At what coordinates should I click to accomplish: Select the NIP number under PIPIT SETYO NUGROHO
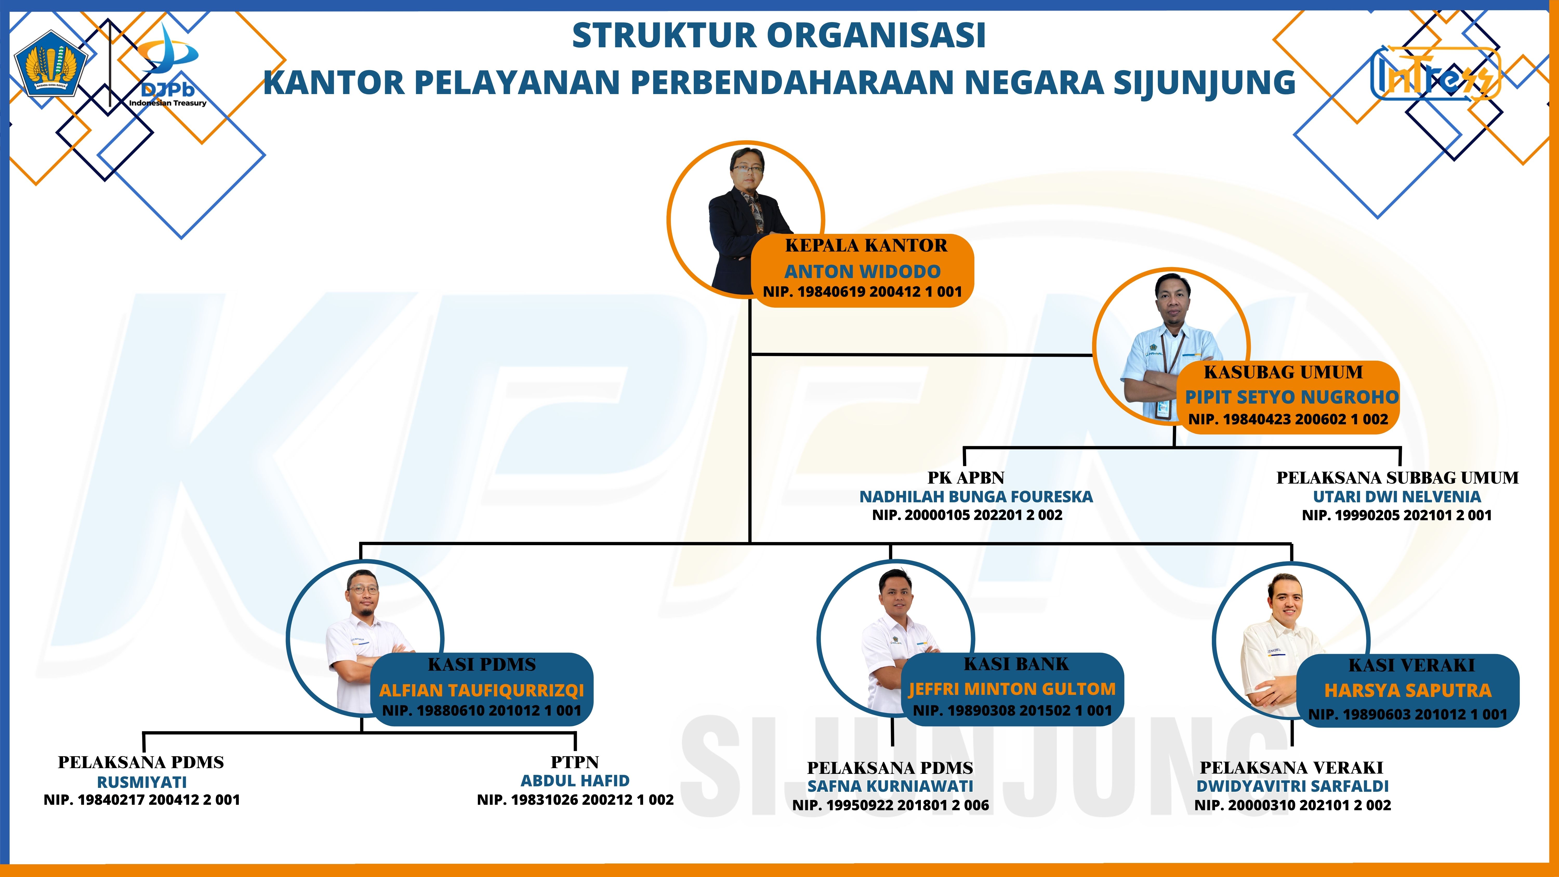tap(1288, 419)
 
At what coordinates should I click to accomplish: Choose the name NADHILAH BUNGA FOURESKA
tap(976, 497)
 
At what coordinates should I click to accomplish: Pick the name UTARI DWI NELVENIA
tap(1397, 497)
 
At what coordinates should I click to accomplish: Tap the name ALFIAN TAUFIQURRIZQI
tap(482, 691)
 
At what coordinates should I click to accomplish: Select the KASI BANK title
tap(1016, 664)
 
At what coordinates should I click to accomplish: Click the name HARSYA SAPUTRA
tap(1408, 691)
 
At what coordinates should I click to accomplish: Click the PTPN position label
tap(574, 762)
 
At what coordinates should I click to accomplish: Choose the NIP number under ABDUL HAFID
tap(575, 800)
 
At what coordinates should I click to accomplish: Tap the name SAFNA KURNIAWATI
tap(890, 786)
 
